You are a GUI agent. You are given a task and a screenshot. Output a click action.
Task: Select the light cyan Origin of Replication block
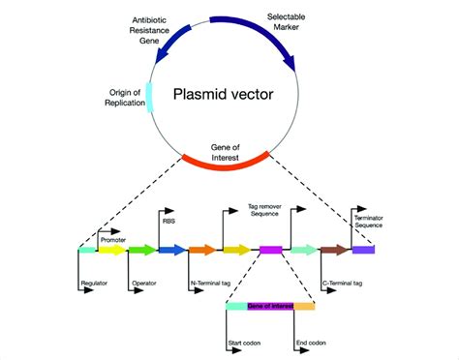(149, 98)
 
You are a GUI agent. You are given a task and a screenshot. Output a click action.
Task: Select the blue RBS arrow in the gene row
(171, 251)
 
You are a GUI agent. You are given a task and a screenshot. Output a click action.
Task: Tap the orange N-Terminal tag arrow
(201, 251)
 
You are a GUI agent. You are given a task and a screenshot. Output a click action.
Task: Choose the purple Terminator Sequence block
(363, 250)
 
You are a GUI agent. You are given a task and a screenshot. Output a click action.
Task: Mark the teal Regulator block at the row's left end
(87, 250)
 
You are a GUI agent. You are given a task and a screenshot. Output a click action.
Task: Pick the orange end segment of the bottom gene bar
(304, 306)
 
